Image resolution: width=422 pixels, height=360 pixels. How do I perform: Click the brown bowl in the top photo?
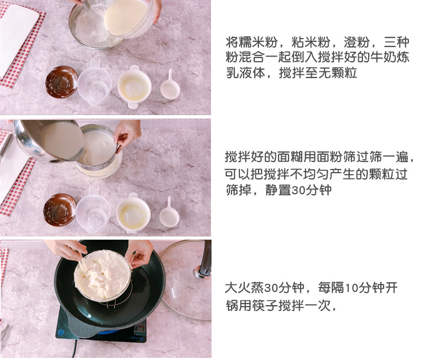coord(61,82)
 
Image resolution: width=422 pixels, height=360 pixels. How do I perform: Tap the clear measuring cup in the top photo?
coord(94,83)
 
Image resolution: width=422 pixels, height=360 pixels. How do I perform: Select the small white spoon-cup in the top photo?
coord(170,86)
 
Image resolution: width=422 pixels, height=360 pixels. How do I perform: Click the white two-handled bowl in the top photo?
coord(134,87)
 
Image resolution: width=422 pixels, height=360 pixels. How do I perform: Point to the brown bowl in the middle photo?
coord(60,210)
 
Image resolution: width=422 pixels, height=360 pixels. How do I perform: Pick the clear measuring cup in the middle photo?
coord(93,210)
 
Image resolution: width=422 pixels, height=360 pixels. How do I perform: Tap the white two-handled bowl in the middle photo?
coord(133,213)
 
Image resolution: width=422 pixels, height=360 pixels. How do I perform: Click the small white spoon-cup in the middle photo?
coord(169,213)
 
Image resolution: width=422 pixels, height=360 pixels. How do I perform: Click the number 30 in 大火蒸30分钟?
coord(272,288)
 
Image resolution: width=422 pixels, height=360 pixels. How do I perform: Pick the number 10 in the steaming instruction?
coord(352,288)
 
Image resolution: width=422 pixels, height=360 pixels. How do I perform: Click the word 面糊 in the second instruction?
coord(290,157)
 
